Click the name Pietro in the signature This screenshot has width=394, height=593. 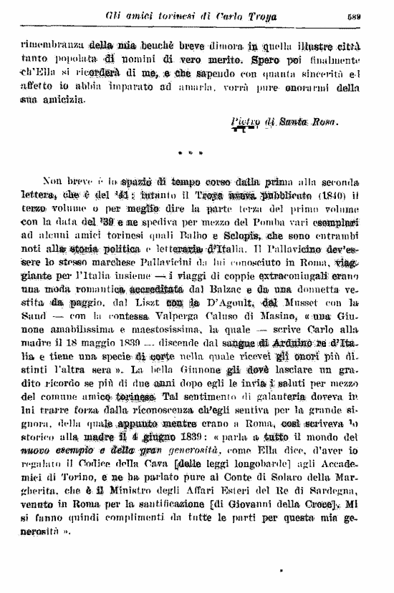tap(245, 122)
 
